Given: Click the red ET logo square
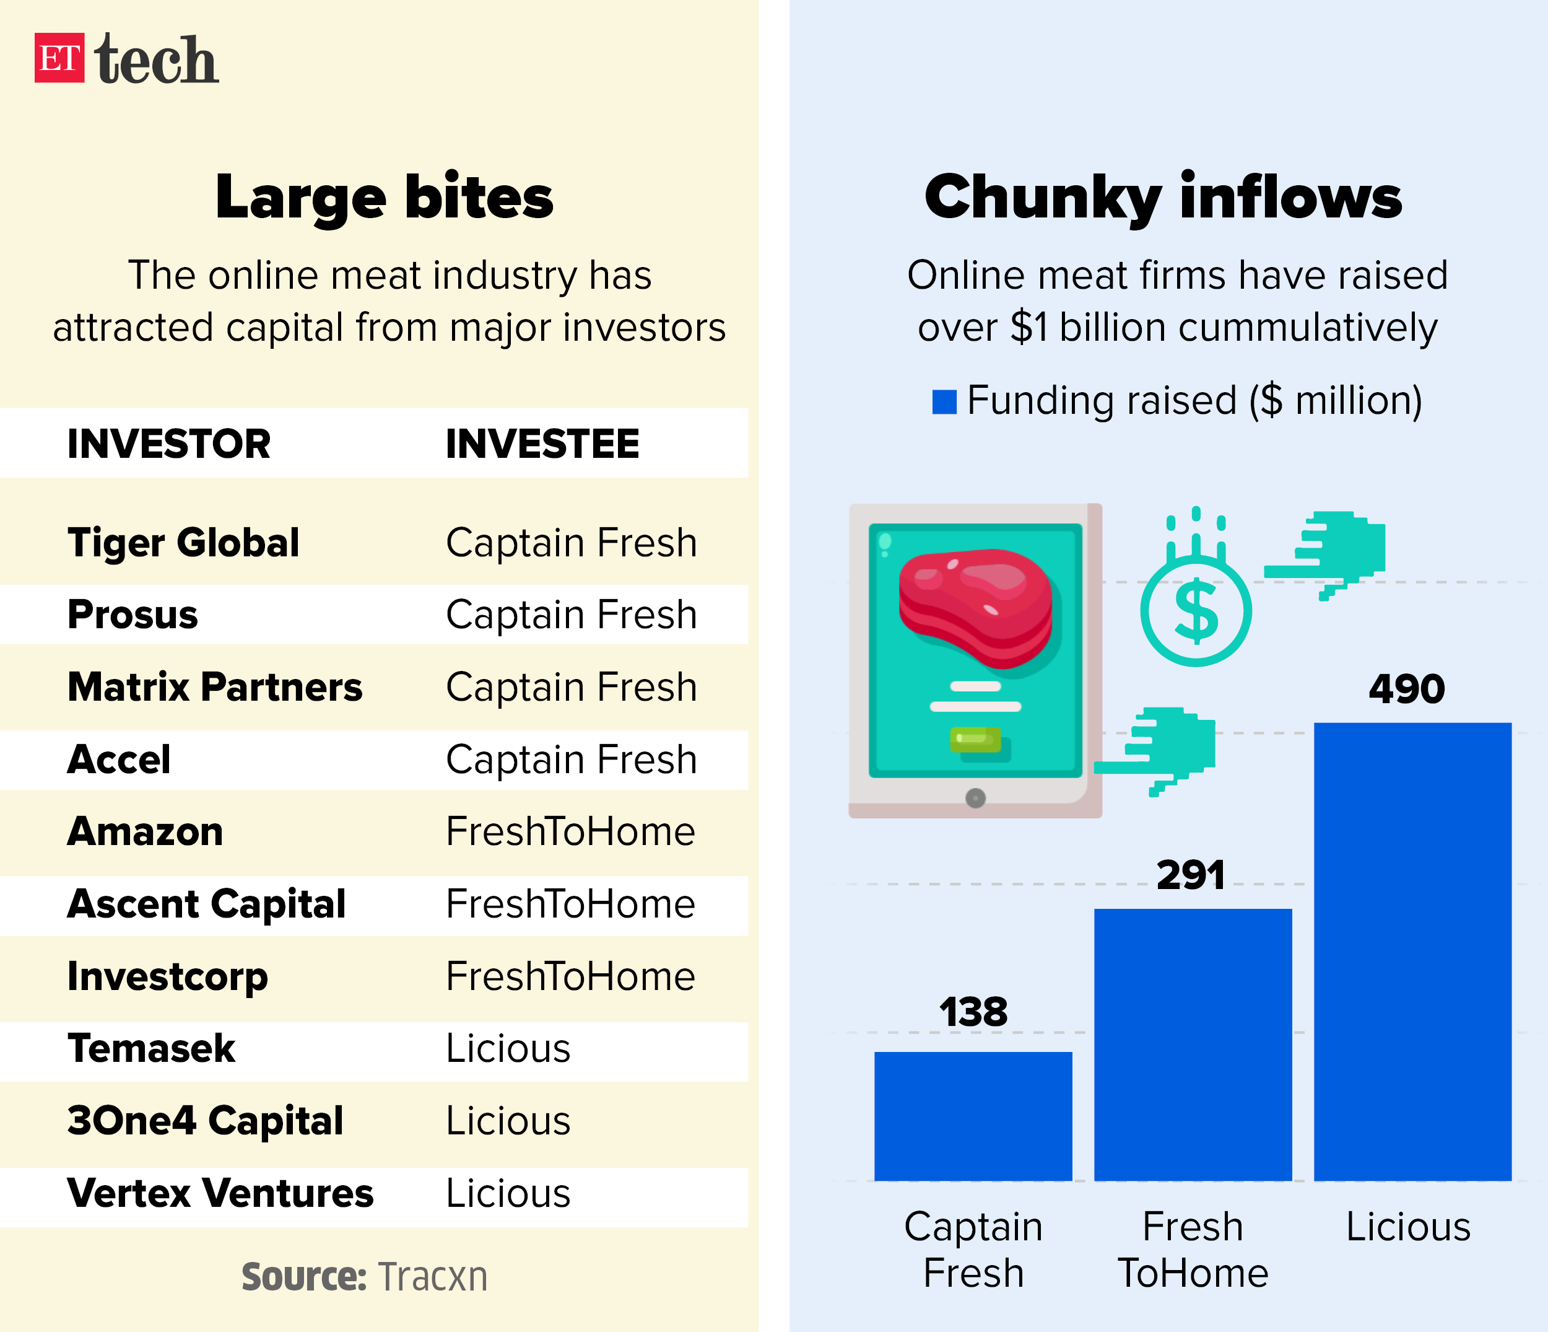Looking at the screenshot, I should click(x=59, y=58).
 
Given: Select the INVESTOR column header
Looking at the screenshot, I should click(x=169, y=444).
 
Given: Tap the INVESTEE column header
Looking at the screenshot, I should click(x=542, y=444).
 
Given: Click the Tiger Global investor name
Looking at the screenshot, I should click(x=183, y=543).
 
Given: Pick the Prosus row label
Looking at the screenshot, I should click(x=133, y=615).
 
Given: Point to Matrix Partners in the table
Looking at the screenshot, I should click(x=214, y=687).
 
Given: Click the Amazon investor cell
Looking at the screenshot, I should click(x=145, y=831).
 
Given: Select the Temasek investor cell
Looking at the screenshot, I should click(x=151, y=1048).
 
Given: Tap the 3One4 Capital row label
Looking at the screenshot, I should click(x=206, y=1121).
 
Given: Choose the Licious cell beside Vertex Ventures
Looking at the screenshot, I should click(x=508, y=1193).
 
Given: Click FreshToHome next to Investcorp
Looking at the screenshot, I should click(x=570, y=976).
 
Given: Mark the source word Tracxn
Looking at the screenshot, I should click(x=433, y=1277).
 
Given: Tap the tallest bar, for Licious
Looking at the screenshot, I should click(x=1412, y=952).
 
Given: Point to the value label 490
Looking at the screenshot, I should click(x=1407, y=688).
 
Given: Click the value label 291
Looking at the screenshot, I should click(x=1191, y=875).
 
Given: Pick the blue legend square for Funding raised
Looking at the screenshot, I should click(x=944, y=401).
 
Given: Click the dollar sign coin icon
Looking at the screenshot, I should click(x=1196, y=611).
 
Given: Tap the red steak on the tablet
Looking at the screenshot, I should click(x=975, y=605).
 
